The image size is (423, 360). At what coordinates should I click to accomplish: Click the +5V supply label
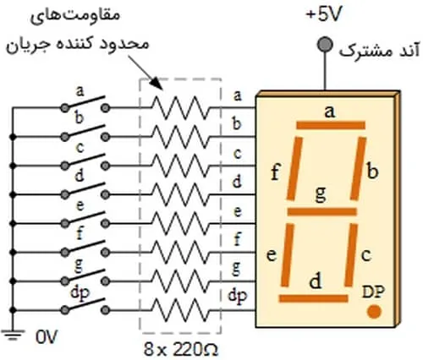click(324, 14)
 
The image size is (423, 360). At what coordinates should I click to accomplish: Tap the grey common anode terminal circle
click(325, 45)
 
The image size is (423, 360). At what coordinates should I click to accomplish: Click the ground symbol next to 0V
click(13, 335)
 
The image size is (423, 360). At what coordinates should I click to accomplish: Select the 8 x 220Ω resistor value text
click(181, 350)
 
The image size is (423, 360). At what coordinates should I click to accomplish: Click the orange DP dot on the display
click(374, 312)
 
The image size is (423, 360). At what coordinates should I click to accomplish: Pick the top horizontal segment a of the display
click(331, 125)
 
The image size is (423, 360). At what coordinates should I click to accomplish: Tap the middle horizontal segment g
click(321, 212)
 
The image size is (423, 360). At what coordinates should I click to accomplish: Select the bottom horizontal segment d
click(313, 298)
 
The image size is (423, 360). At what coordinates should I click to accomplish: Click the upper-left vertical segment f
click(294, 168)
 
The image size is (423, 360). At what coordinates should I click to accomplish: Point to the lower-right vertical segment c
click(351, 255)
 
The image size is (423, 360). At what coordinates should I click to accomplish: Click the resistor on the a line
click(181, 107)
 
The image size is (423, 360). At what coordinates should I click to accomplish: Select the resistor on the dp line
click(181, 310)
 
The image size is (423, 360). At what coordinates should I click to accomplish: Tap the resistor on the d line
click(181, 194)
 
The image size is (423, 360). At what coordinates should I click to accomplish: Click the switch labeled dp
click(85, 306)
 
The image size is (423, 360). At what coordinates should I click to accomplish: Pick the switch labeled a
click(85, 103)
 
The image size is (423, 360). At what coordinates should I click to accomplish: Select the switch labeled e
click(85, 219)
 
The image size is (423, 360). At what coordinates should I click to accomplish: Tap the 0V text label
click(47, 337)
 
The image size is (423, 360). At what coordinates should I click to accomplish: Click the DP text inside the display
click(373, 292)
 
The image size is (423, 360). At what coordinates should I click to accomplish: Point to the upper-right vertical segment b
click(358, 168)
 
